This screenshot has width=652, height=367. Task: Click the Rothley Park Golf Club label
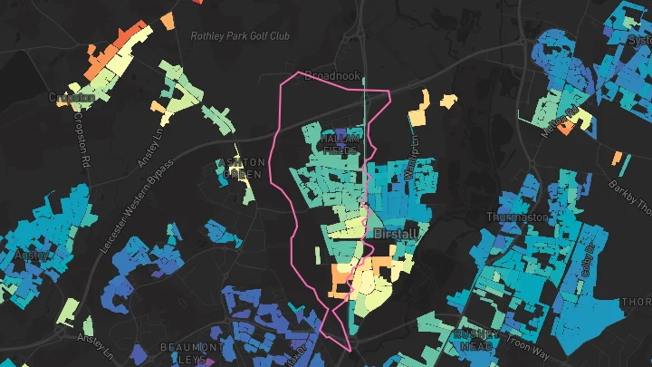239,36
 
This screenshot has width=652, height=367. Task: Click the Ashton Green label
240,169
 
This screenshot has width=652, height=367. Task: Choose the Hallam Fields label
342,143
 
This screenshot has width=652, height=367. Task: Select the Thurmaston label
513,217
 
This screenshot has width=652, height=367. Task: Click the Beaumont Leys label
191,353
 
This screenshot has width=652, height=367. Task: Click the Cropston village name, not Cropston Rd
72,97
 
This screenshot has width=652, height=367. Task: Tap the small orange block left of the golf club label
168,20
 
